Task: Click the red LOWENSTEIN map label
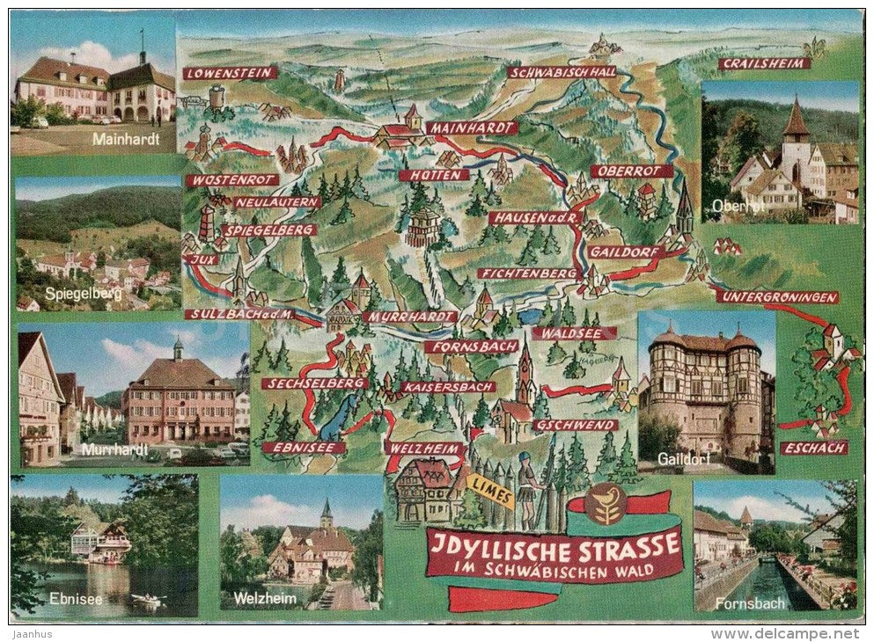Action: point(230,73)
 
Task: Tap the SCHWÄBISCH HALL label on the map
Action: point(562,72)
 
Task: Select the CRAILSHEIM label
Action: point(763,63)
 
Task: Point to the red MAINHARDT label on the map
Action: point(471,128)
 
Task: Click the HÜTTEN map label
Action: point(434,175)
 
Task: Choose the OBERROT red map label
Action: point(631,171)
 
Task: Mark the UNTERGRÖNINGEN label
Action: point(777,297)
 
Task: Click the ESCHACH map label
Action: point(814,448)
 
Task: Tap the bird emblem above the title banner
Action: point(606,503)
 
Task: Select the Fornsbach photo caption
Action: point(738,603)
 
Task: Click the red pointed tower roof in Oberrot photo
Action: point(796,120)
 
